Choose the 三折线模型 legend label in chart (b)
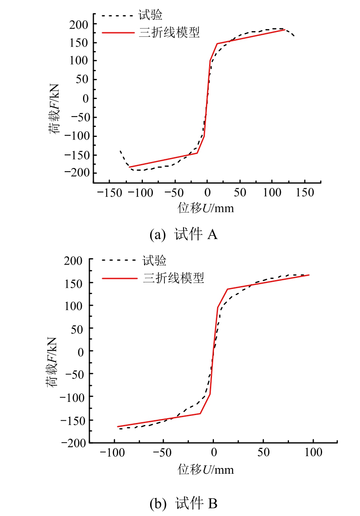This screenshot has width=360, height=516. pyautogui.click(x=173, y=278)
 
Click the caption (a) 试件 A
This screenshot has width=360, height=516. pyautogui.click(x=183, y=235)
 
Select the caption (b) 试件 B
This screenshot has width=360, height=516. pyautogui.click(x=183, y=504)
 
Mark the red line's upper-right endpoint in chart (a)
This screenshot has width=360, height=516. pyautogui.click(x=285, y=30)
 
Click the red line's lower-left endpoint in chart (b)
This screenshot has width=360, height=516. pyautogui.click(x=117, y=427)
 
